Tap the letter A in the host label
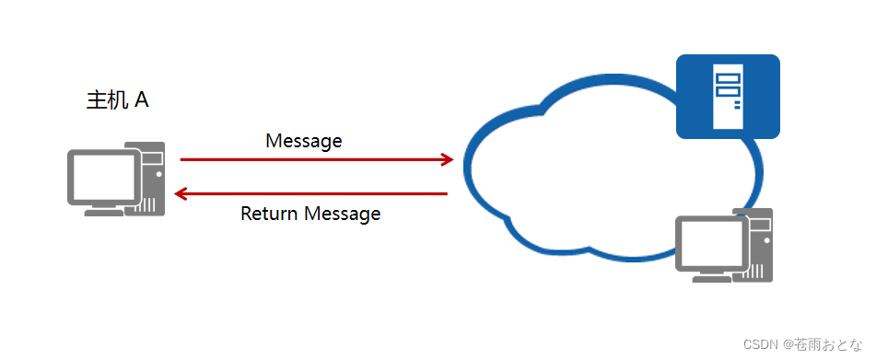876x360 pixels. coord(142,100)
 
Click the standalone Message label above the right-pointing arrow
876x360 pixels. coord(303,141)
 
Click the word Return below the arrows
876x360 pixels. coord(269,215)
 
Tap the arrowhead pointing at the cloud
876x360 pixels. coord(448,159)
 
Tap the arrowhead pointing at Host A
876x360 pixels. coord(181,194)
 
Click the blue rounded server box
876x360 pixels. coord(728,97)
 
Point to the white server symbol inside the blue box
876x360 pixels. coord(728,91)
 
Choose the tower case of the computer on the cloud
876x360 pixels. coord(759,244)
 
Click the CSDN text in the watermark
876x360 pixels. coord(761,343)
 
